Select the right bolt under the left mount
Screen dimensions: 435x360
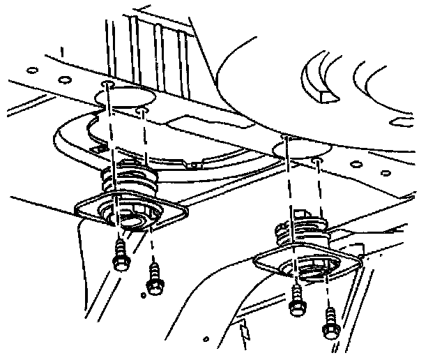click(x=152, y=279)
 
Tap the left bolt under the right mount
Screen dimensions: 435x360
click(x=297, y=298)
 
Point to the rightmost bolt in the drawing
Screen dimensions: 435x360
click(x=328, y=320)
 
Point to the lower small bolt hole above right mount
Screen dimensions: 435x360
click(x=317, y=160)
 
